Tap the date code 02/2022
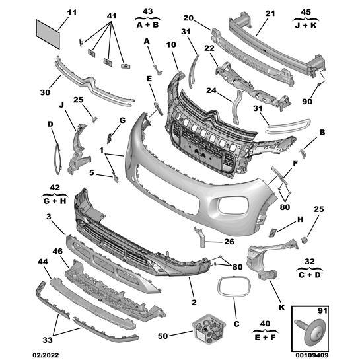pyautogui.click(x=19, y=353)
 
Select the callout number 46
pyautogui.click(x=57, y=252)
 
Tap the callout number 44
pyautogui.click(x=44, y=263)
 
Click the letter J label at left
pyautogui.click(x=61, y=104)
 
